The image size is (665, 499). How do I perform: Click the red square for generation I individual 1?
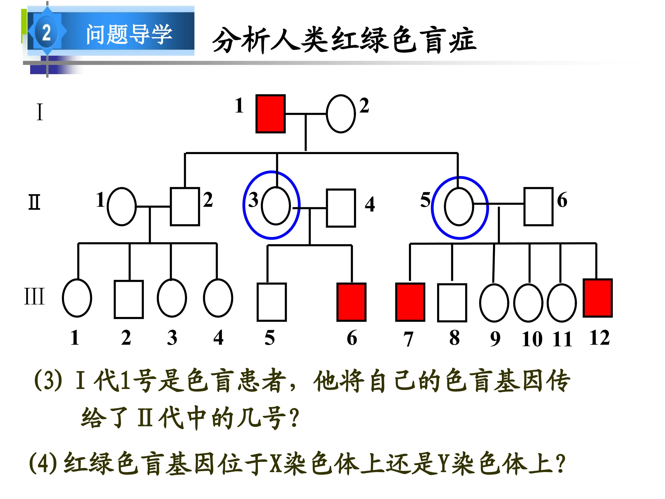point(270,114)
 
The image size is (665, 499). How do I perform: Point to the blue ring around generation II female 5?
point(432,207)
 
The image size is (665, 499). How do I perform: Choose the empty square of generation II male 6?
point(538,206)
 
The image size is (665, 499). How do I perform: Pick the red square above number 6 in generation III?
point(351,302)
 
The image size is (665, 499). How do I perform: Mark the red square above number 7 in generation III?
point(410,302)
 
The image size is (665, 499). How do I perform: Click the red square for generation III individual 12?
point(598,298)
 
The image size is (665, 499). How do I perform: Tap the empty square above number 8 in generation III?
point(452,303)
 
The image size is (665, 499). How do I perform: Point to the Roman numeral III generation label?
point(34,296)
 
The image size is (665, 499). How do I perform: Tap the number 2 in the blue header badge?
point(46,33)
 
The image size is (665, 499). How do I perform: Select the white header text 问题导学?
point(129,34)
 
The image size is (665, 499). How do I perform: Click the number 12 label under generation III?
point(600,338)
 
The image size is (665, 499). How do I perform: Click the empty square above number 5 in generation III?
point(272,302)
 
